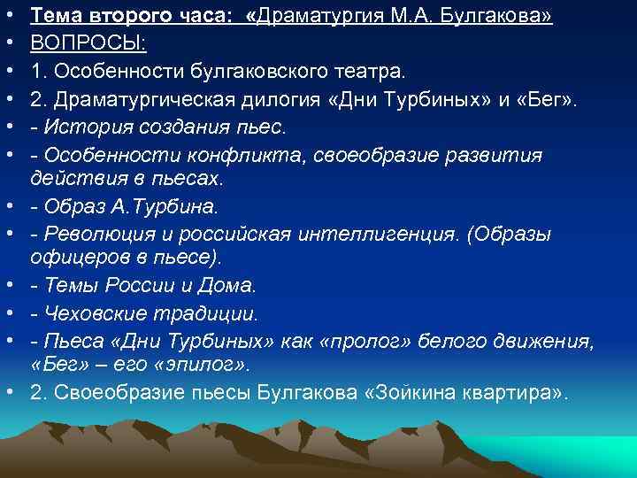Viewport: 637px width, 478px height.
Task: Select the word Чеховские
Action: (x=93, y=313)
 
